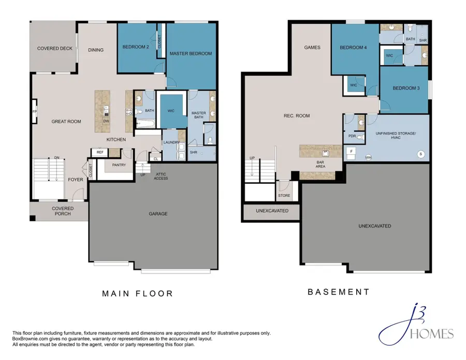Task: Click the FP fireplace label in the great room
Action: [35, 111]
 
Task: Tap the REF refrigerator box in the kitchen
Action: [100, 152]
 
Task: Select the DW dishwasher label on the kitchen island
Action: [106, 121]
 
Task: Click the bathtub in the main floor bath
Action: [145, 124]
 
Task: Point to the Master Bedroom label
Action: [191, 53]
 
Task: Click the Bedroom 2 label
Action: [136, 47]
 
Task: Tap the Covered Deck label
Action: [55, 48]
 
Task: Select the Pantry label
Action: [119, 165]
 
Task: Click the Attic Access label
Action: [161, 176]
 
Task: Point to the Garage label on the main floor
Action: [158, 213]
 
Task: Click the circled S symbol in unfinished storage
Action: [420, 154]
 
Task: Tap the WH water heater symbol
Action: [368, 157]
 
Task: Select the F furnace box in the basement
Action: [351, 152]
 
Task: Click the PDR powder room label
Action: [352, 136]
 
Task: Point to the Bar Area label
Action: [320, 164]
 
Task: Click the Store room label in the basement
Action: [284, 195]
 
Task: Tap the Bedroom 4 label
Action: [353, 47]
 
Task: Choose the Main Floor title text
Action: [138, 294]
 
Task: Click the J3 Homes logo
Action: [416, 325]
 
